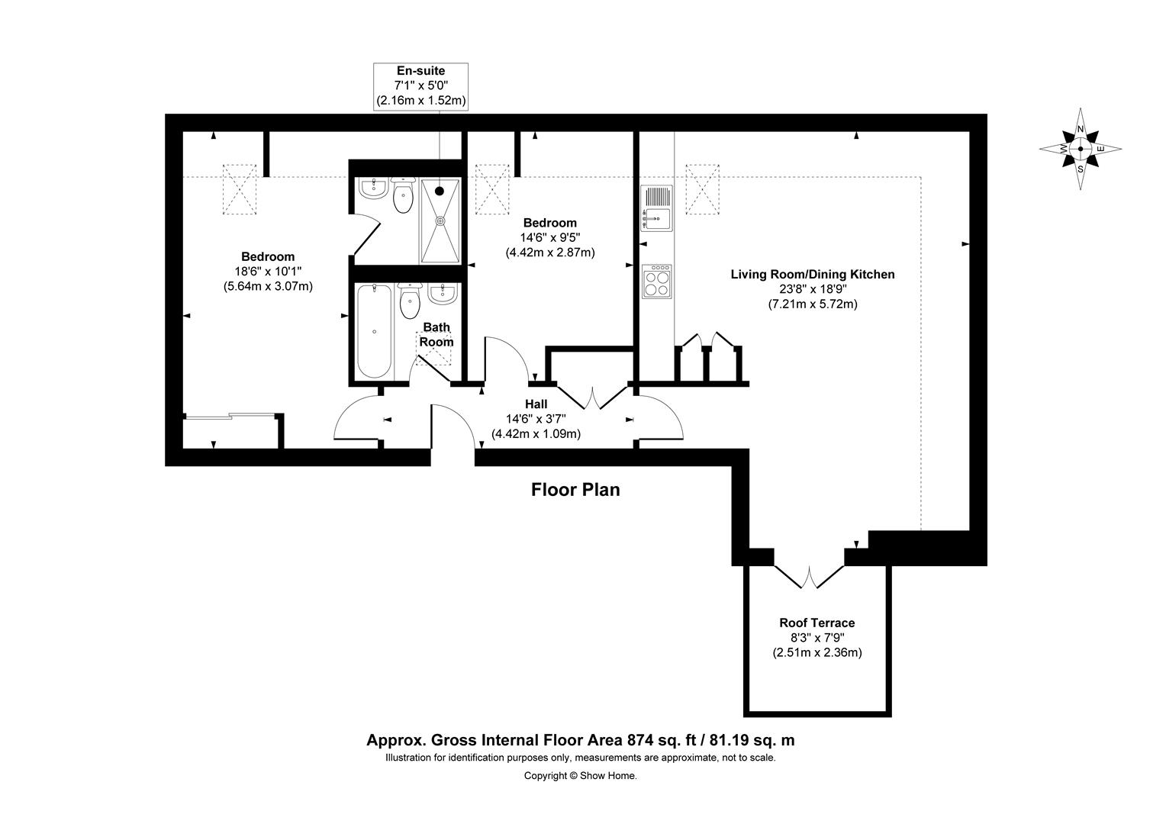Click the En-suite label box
(x=420, y=86)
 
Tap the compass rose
(x=1080, y=149)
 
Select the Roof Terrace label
(x=817, y=623)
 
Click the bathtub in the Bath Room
(x=374, y=330)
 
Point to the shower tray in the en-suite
(x=440, y=220)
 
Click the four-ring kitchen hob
(x=657, y=282)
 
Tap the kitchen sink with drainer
(x=657, y=208)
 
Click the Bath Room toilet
(x=411, y=301)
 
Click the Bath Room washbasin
(x=443, y=294)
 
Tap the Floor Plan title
(x=575, y=490)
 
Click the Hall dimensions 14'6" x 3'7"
(x=536, y=419)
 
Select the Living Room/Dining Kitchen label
(x=813, y=275)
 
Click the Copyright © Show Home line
(x=581, y=776)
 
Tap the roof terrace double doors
(x=809, y=576)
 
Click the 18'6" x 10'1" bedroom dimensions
(x=268, y=271)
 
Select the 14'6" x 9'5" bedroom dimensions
(x=549, y=237)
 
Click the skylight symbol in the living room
(x=702, y=189)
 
